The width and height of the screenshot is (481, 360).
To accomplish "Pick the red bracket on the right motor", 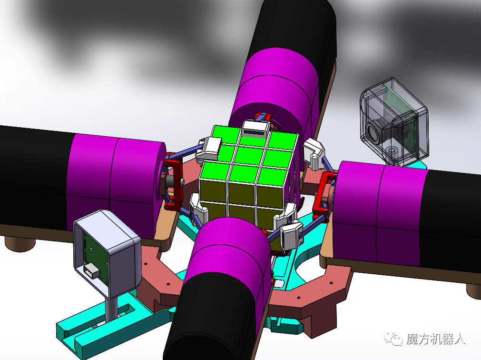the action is (x=324, y=193).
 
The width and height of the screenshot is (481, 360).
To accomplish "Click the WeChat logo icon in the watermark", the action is (x=393, y=339).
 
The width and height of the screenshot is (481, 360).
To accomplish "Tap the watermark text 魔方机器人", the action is (x=436, y=339).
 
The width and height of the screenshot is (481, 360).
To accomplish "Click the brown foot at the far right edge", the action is (x=473, y=290).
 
